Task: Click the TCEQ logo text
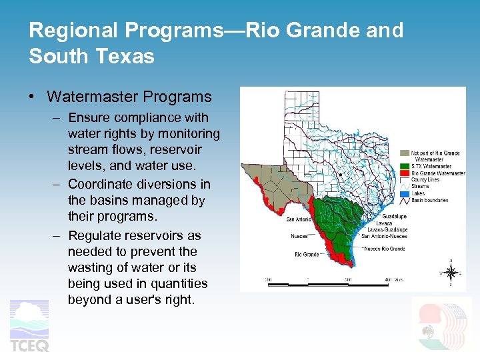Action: point(29,345)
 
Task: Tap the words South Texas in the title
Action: point(91,56)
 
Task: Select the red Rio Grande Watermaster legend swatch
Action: point(405,173)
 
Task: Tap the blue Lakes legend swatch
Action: point(405,193)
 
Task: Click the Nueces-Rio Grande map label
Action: point(385,249)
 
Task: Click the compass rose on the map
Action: point(451,271)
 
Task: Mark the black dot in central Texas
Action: point(341,175)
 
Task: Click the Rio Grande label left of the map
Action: point(307,254)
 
